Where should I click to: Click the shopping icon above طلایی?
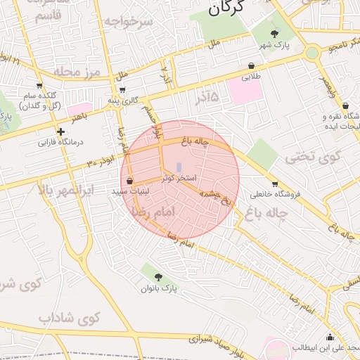coord(251,66)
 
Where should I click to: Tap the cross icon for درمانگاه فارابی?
coord(61,131)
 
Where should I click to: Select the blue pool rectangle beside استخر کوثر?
coord(179,167)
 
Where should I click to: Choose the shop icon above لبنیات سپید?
coord(130,181)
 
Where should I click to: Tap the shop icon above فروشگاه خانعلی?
coord(274,184)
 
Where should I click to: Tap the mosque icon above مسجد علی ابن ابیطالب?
coord(330,337)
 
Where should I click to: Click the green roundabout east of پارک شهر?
coord(311,53)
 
